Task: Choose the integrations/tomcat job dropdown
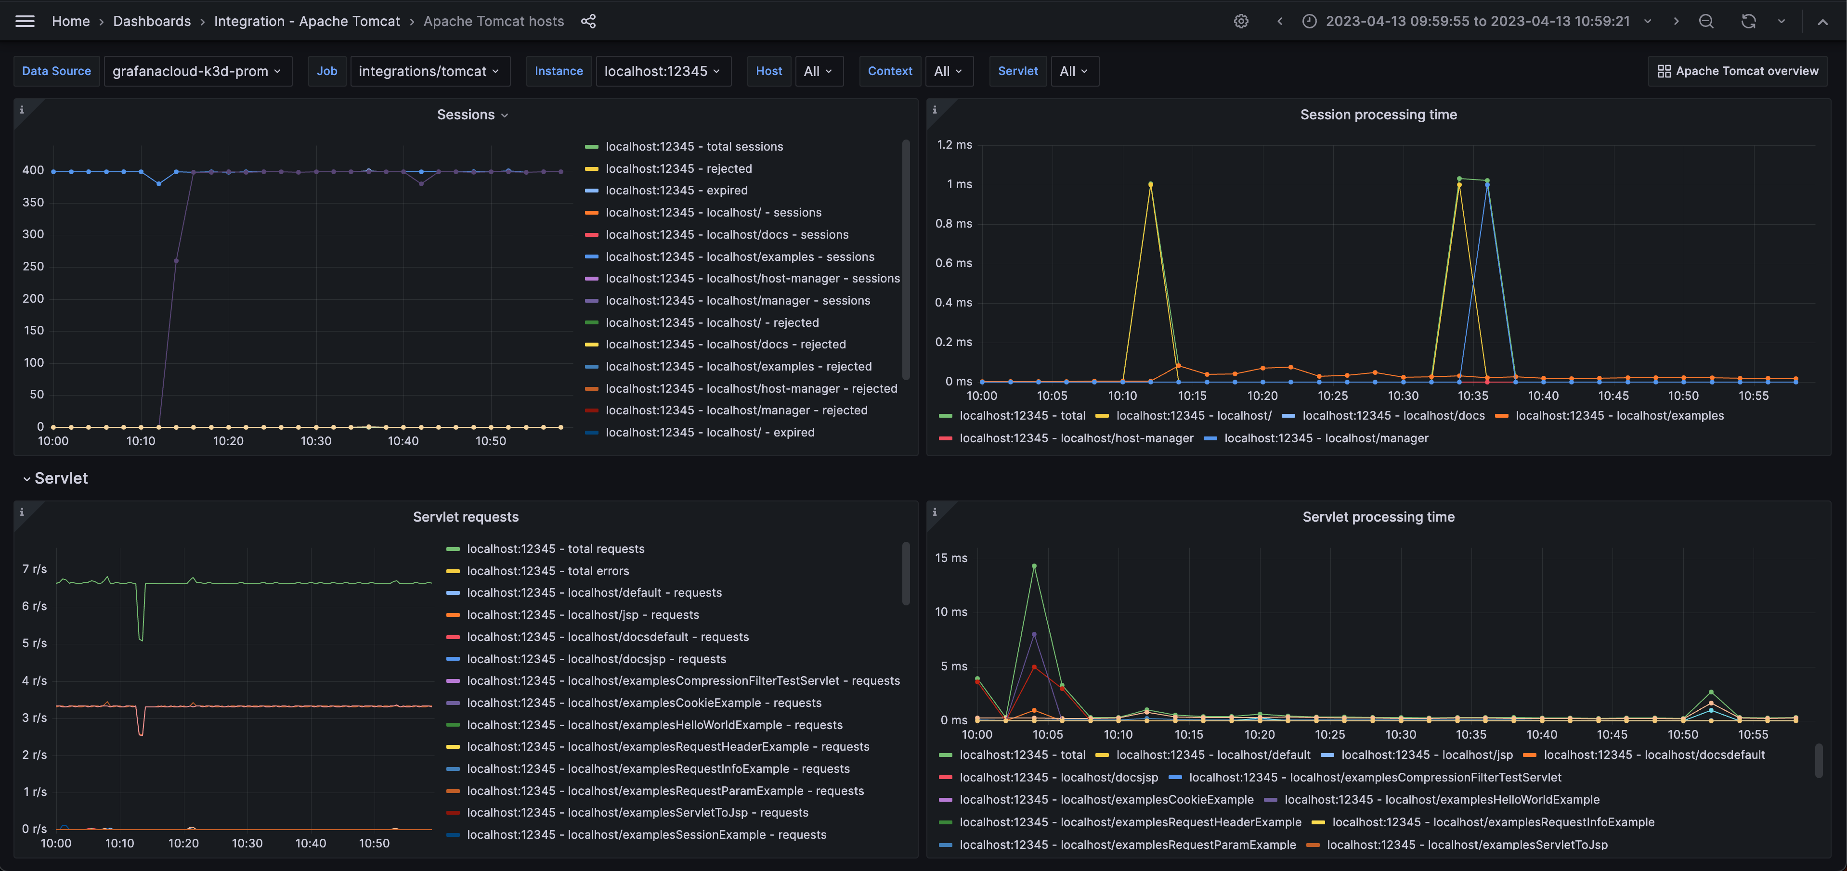pos(429,71)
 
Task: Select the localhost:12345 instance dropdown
pos(663,71)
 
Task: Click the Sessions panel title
pos(466,115)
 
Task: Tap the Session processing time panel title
pos(1378,115)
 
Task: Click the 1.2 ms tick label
pos(954,145)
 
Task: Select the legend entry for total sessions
pos(693,147)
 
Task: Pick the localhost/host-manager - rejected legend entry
pos(751,388)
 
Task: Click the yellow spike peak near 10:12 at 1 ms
pos(1151,185)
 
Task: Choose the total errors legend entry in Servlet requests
pos(548,571)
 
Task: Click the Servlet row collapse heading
pos(60,478)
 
